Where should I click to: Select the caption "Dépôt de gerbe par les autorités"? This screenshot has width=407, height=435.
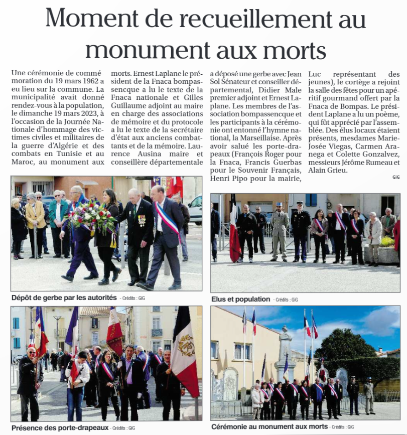64,298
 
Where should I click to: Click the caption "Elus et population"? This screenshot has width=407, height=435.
239,299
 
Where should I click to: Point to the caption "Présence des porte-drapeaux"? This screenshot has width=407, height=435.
60,427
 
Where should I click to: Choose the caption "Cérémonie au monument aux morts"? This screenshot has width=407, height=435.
269,426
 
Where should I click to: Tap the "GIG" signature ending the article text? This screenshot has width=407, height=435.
396,177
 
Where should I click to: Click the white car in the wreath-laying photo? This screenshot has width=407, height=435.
195,209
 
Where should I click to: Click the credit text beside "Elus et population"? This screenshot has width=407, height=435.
287,300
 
